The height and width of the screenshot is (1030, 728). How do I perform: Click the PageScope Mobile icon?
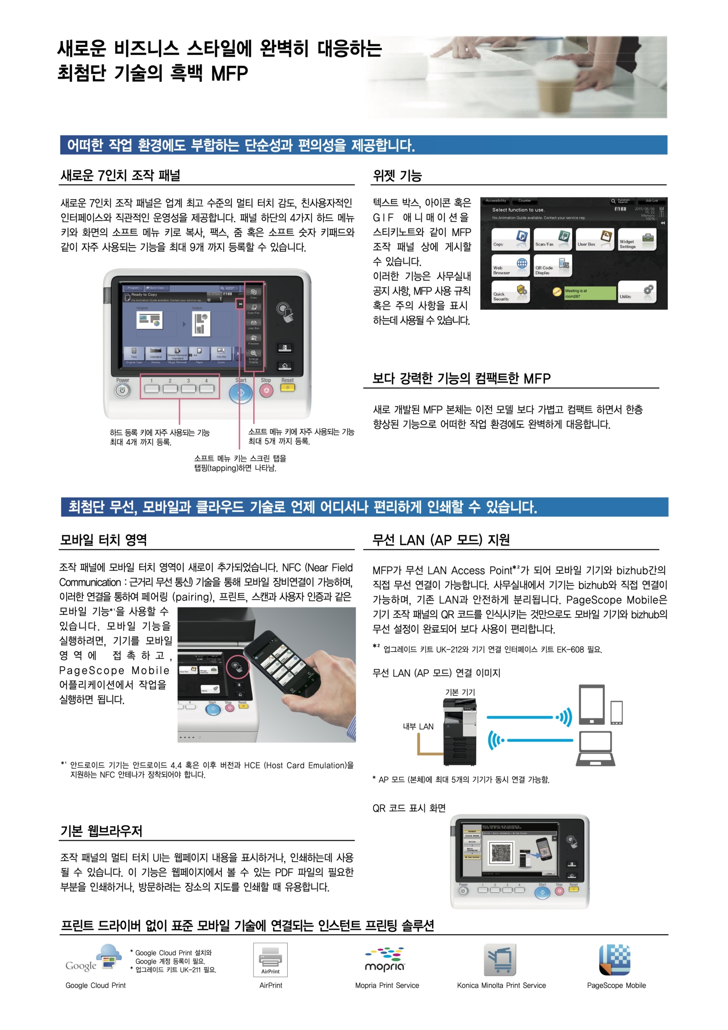tap(615, 960)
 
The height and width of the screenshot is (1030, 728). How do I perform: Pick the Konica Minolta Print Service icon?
tap(499, 960)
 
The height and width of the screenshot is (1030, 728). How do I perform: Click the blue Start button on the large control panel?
tap(241, 393)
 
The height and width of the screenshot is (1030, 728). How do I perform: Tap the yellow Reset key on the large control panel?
tap(287, 387)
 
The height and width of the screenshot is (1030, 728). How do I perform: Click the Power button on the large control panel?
tap(122, 391)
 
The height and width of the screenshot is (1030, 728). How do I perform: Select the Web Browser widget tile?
tap(510, 266)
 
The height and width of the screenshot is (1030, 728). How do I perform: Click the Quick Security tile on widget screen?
tap(510, 292)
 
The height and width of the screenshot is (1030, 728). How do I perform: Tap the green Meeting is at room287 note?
tap(589, 293)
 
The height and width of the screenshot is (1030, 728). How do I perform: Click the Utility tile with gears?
tap(636, 292)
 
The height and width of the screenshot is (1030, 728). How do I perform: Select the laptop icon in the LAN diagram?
tap(596, 748)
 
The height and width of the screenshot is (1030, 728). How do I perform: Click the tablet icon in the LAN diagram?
tap(592, 705)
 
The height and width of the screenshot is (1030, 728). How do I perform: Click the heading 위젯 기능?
tap(397, 175)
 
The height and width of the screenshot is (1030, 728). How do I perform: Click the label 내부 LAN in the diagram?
tap(418, 726)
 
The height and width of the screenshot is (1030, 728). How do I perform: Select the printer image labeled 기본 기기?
tap(460, 732)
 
